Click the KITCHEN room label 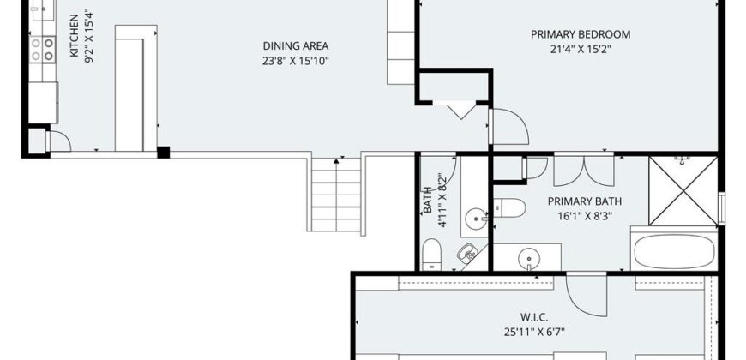[x=75, y=36]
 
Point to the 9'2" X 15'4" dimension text [x=88, y=36]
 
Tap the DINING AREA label [x=296, y=46]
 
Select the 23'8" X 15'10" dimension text [x=296, y=61]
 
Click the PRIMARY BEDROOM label [x=581, y=34]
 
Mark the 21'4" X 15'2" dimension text [x=581, y=49]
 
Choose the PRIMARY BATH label [x=585, y=201]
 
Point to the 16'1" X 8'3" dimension [x=585, y=216]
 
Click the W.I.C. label [x=534, y=317]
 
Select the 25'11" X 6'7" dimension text [x=534, y=332]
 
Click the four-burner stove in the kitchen [x=42, y=50]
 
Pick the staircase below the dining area [x=336, y=195]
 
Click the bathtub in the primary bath [x=674, y=252]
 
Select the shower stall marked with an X [x=683, y=190]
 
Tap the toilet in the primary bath [x=509, y=207]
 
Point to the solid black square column [x=163, y=153]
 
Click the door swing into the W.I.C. [x=587, y=296]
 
